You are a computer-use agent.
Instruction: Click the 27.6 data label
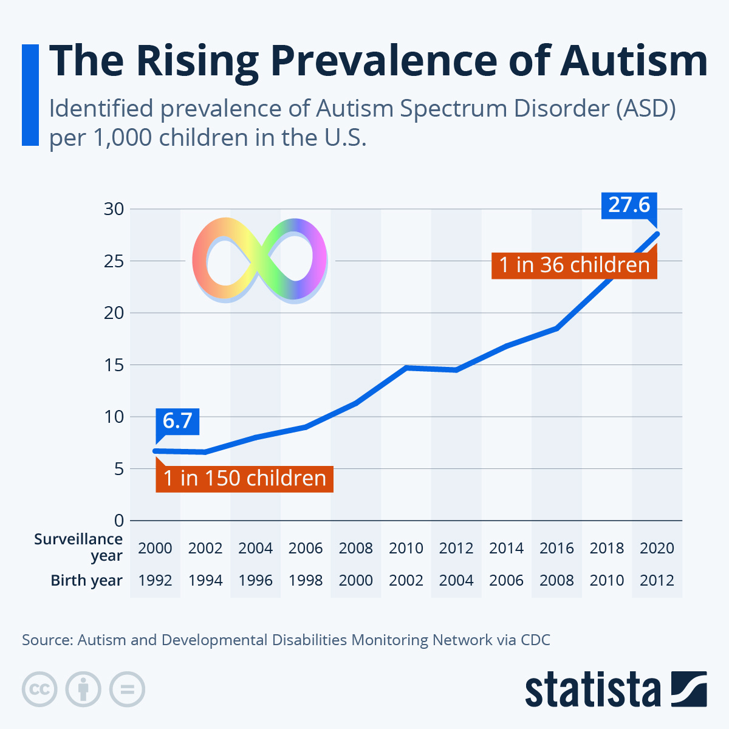point(629,205)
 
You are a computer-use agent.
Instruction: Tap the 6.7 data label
point(177,420)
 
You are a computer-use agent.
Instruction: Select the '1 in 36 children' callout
point(574,265)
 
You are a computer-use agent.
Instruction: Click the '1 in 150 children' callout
point(245,478)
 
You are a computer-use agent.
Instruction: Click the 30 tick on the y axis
point(114,209)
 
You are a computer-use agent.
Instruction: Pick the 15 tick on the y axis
point(114,365)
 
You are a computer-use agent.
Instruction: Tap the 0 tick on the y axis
point(118,521)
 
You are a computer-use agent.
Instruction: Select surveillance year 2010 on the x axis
point(406,548)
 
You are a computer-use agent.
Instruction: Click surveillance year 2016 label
point(556,548)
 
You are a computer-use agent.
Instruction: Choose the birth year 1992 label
point(155,580)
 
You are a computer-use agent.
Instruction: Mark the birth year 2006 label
point(506,580)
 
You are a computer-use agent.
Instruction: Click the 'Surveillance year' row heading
point(79,547)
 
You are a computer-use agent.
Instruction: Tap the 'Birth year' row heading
point(86,580)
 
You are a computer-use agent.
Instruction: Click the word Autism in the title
point(634,61)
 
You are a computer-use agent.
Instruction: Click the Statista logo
point(615,690)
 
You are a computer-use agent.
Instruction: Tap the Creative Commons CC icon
point(39,690)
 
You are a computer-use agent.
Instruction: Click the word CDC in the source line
point(535,640)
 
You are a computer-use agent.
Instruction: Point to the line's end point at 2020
point(656,234)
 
